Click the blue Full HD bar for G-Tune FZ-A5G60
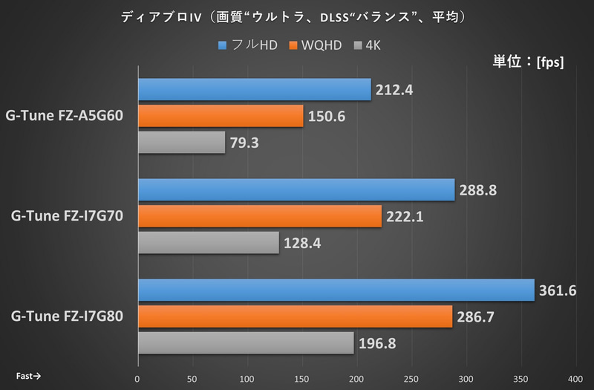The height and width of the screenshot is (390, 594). point(254,90)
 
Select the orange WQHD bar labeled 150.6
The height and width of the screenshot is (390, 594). point(221,116)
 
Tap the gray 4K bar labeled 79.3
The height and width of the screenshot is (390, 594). point(181,142)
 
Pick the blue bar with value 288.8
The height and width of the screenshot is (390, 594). point(296,190)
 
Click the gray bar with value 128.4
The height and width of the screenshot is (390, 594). point(209,243)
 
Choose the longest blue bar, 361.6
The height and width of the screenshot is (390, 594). point(336,290)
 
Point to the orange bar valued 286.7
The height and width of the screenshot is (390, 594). point(295,316)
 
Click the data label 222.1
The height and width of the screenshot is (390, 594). point(404,217)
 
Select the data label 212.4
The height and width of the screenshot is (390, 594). point(394,91)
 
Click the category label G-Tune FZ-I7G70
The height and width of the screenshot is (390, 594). point(68,217)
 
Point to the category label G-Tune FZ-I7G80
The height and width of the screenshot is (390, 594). point(68,317)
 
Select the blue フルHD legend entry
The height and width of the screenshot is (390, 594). point(248,46)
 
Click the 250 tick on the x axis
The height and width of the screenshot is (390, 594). point(412,377)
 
